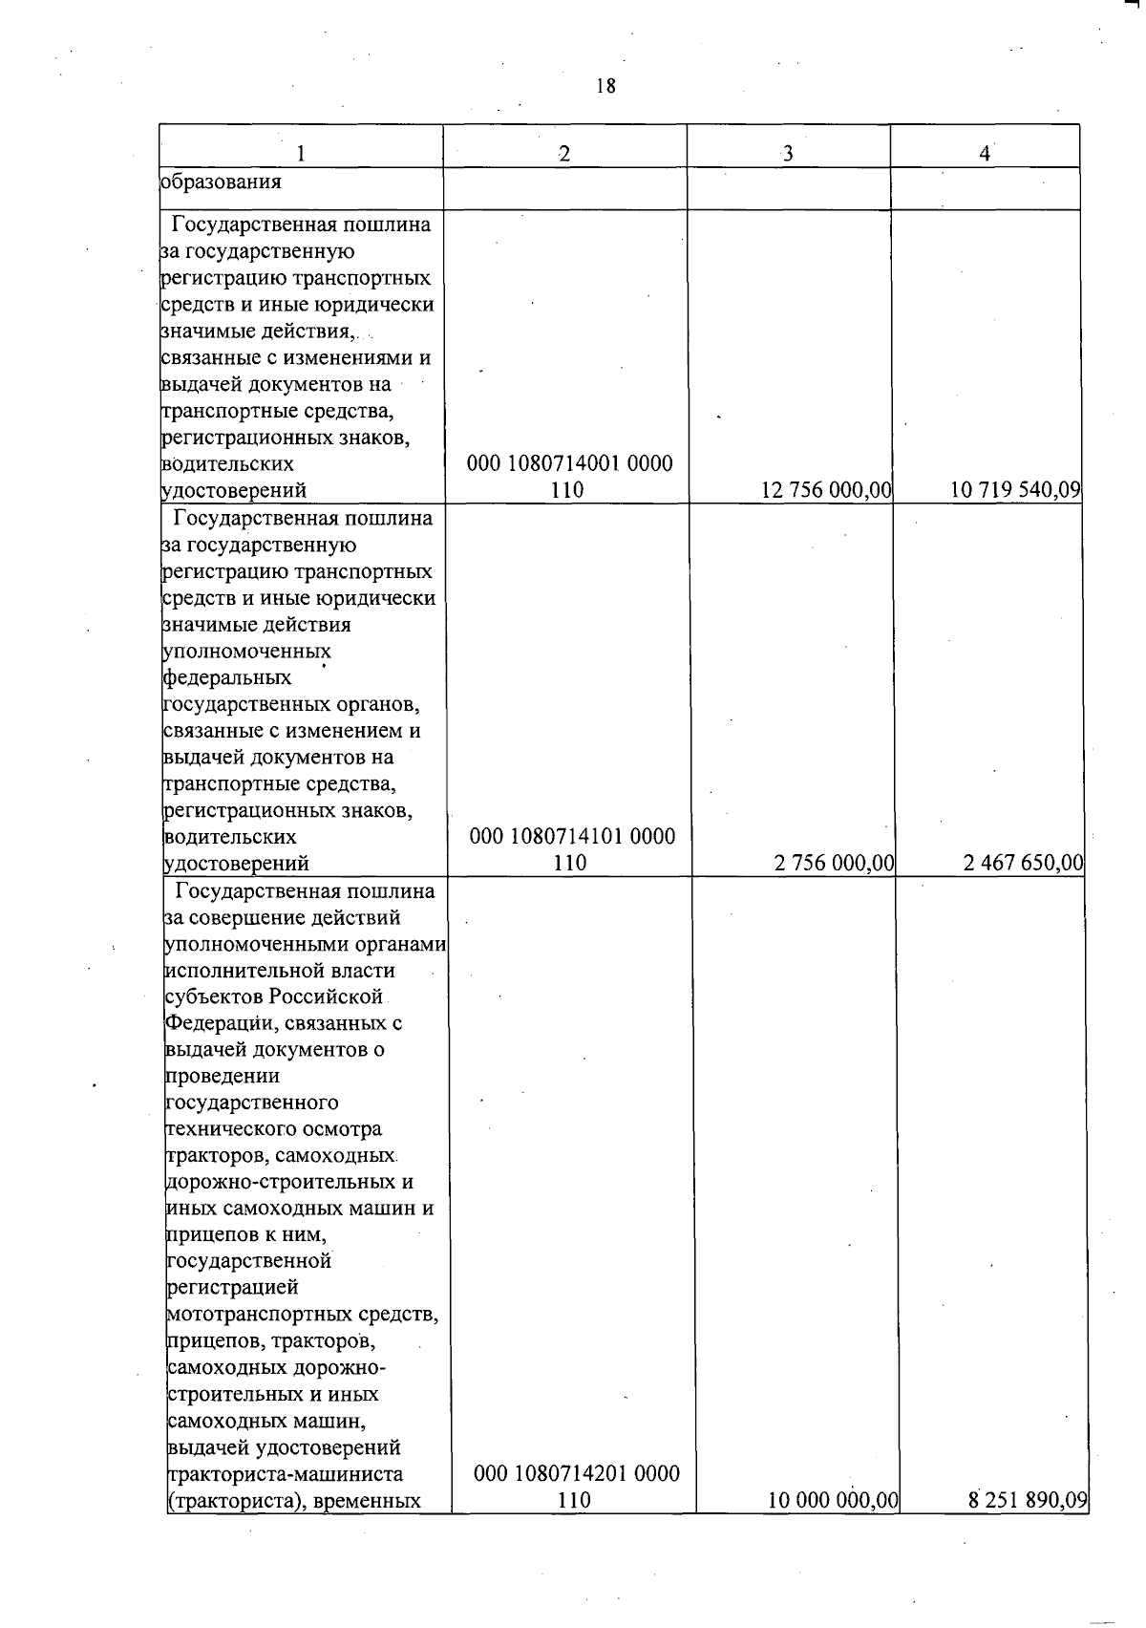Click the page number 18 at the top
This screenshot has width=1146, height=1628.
pos(605,86)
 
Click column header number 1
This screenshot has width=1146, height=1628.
pos(301,154)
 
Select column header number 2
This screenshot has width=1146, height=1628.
pos(564,154)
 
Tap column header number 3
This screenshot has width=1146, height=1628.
pos(788,154)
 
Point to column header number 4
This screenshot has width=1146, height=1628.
pos(984,154)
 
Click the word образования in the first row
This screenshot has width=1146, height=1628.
pos(221,181)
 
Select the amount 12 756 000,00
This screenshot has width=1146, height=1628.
pos(826,490)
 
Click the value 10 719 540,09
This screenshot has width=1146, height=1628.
pos(1015,490)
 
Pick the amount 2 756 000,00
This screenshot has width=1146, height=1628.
pos(834,864)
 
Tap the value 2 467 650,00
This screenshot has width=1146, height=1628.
pos(1023,864)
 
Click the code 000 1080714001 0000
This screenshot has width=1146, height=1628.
pos(569,464)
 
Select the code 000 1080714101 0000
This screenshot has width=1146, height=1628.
pos(572,837)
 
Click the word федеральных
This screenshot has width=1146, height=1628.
pos(228,677)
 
